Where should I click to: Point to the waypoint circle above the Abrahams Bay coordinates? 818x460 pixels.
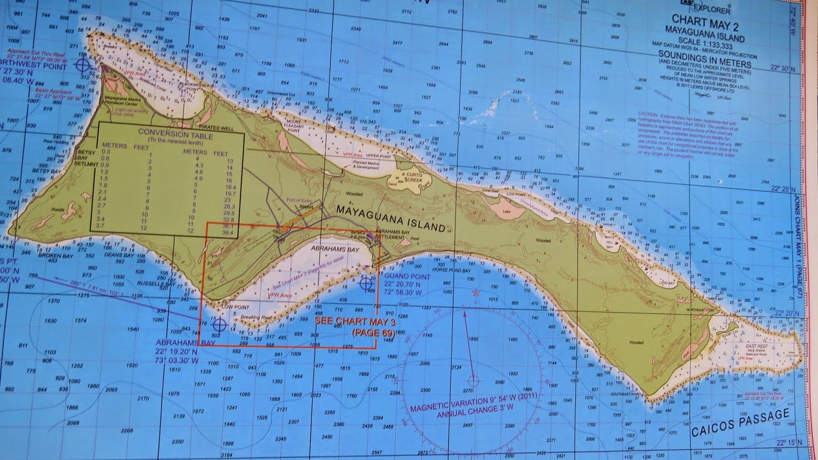click(219, 324)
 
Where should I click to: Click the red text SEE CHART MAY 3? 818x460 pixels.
click(355, 321)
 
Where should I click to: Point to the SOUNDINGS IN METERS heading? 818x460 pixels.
click(705, 58)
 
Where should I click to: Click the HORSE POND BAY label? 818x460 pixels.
click(451, 270)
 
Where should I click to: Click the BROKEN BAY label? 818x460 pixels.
click(56, 255)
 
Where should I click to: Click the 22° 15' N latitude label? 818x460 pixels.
click(788, 443)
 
